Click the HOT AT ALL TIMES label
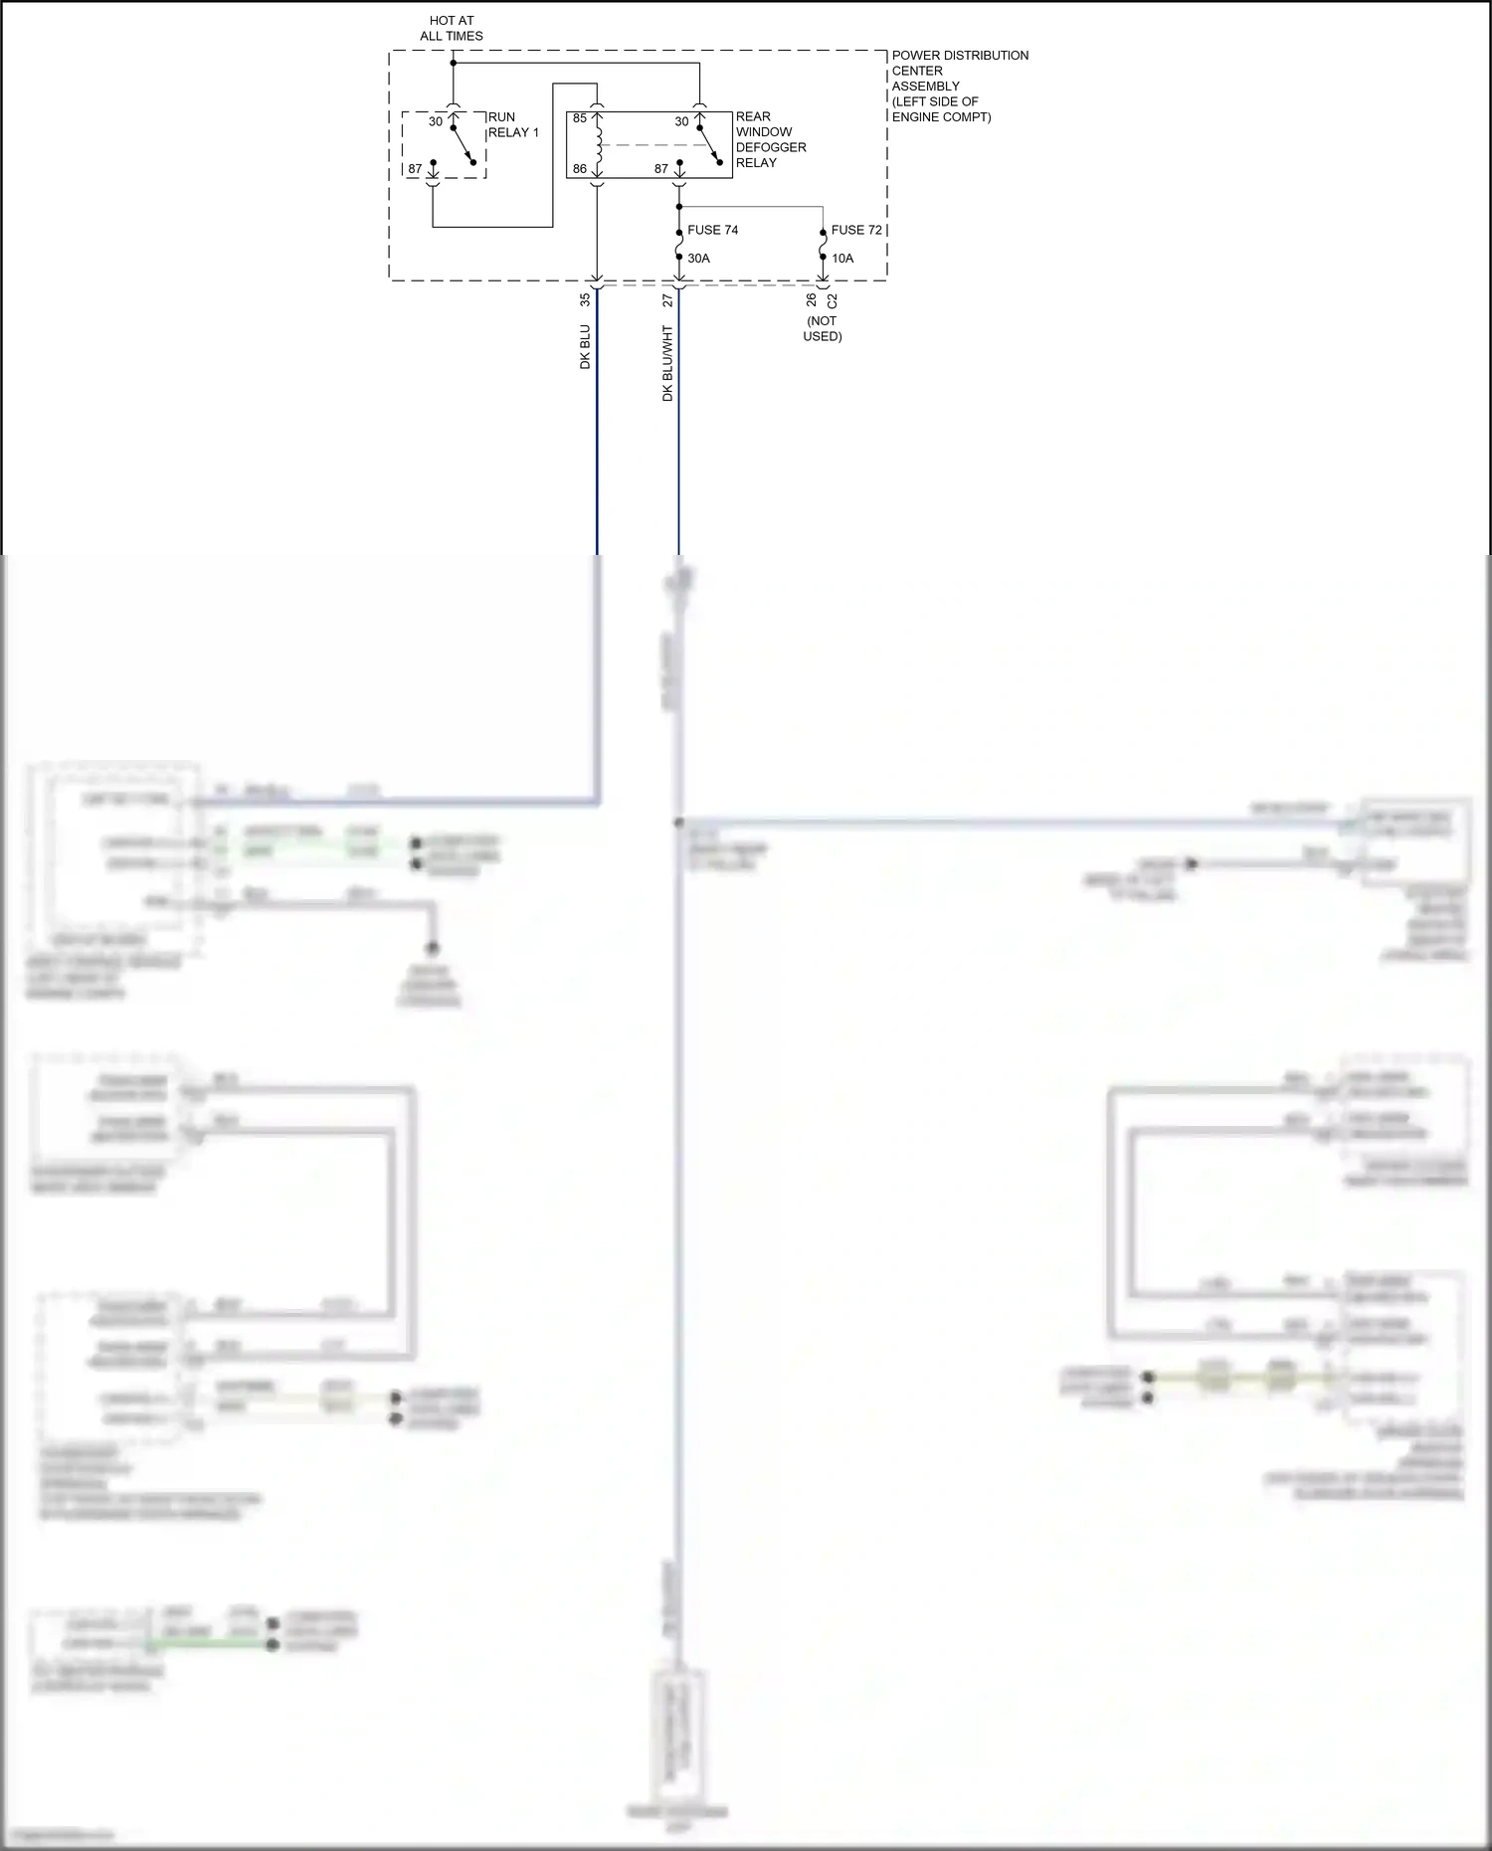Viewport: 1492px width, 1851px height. coord(452,28)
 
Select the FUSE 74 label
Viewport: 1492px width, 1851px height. coord(712,230)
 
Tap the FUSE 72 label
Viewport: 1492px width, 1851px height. coord(856,230)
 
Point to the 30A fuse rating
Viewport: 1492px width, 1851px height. coord(698,259)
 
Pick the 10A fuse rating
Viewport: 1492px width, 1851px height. coord(842,259)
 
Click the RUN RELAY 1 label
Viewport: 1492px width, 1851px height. coord(513,124)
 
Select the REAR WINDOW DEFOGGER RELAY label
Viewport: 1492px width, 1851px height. coord(771,139)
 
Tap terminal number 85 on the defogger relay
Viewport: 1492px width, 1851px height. coord(580,118)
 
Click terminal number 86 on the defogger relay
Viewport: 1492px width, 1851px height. coord(580,169)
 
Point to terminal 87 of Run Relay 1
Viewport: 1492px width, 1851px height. coord(415,169)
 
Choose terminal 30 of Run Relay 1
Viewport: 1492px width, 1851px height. coord(436,121)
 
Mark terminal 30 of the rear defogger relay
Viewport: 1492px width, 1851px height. coord(681,121)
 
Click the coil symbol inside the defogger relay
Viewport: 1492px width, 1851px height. coord(598,145)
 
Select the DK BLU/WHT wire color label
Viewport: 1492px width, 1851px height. coord(668,363)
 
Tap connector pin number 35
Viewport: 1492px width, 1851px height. coord(585,298)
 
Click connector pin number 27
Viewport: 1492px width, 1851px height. coord(668,299)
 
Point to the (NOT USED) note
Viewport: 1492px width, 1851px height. coord(823,328)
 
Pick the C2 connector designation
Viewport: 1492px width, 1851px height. coord(833,299)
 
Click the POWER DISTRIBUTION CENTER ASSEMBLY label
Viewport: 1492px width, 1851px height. coord(960,86)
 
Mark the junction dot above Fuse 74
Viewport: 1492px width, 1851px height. coord(679,207)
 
